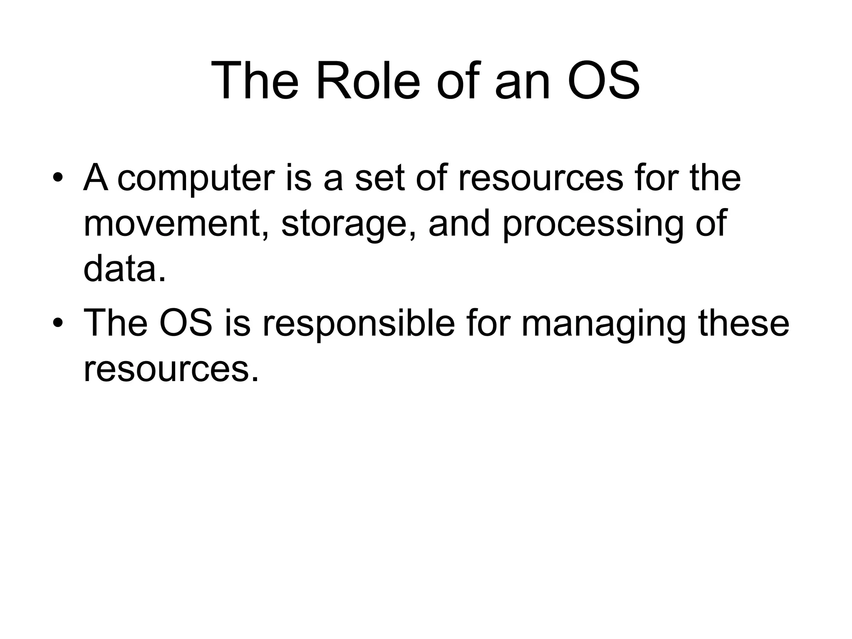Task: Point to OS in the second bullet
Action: point(185,323)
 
